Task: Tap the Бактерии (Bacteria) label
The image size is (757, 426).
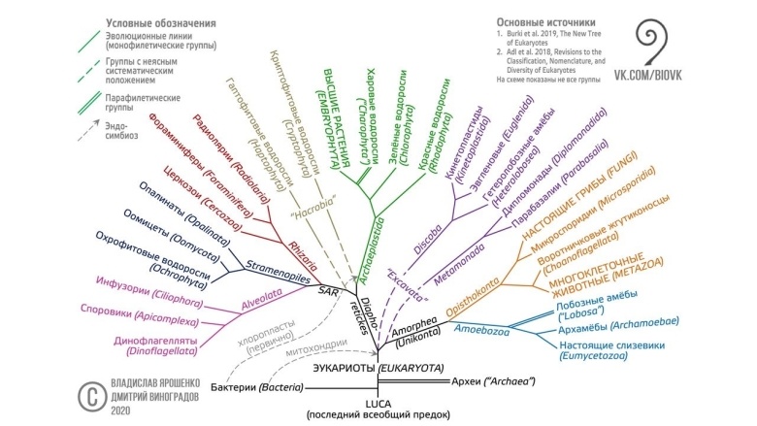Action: click(253, 388)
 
